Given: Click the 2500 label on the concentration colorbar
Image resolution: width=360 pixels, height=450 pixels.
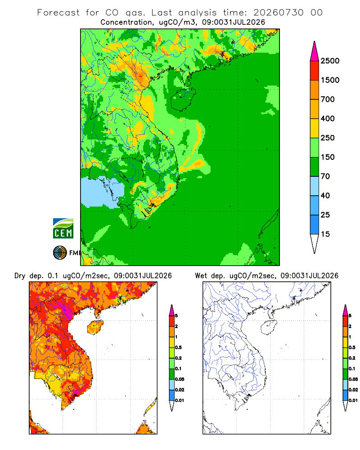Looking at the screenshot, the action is click(x=330, y=61).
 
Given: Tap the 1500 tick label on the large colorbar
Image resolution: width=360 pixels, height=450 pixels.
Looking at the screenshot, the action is click(x=330, y=80).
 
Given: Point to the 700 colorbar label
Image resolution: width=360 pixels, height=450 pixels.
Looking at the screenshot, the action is click(x=328, y=99).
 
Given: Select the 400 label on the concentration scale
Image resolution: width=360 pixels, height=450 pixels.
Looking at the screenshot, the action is click(x=328, y=118).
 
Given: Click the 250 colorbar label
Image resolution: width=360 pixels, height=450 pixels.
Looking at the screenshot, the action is click(x=328, y=138).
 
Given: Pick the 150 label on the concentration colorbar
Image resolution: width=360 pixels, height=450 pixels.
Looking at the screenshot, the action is click(x=328, y=157).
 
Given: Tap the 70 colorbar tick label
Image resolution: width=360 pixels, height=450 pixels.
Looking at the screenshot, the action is click(x=325, y=176).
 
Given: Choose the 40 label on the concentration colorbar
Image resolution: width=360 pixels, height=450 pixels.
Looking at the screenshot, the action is click(x=325, y=195).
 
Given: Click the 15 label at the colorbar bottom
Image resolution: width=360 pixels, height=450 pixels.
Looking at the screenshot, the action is click(x=325, y=234).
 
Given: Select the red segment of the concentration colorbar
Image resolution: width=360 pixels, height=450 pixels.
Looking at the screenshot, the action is click(x=315, y=71).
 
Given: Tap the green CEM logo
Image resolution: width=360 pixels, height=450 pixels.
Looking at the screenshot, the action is click(x=63, y=229).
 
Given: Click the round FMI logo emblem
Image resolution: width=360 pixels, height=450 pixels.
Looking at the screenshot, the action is click(x=60, y=253).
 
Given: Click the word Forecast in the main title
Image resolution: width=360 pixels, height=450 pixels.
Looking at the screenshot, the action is click(x=58, y=13).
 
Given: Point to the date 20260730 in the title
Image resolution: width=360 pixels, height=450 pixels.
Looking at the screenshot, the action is click(x=278, y=13).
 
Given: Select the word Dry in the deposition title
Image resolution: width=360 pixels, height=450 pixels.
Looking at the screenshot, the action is click(x=20, y=276).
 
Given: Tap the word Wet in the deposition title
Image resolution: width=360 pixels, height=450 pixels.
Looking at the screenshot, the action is click(x=201, y=276).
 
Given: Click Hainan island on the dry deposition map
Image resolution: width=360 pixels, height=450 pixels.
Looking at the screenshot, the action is click(x=95, y=328).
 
